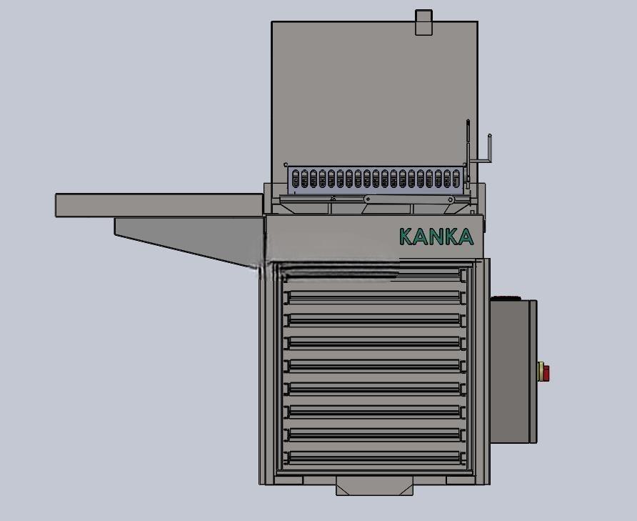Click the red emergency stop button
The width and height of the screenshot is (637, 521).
[x=546, y=372]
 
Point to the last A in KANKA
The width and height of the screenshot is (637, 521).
[x=466, y=237]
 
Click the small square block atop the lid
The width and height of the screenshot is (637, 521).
[x=423, y=22]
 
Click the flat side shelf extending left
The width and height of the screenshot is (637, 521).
[x=159, y=205]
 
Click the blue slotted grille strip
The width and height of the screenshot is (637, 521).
[x=375, y=179]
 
